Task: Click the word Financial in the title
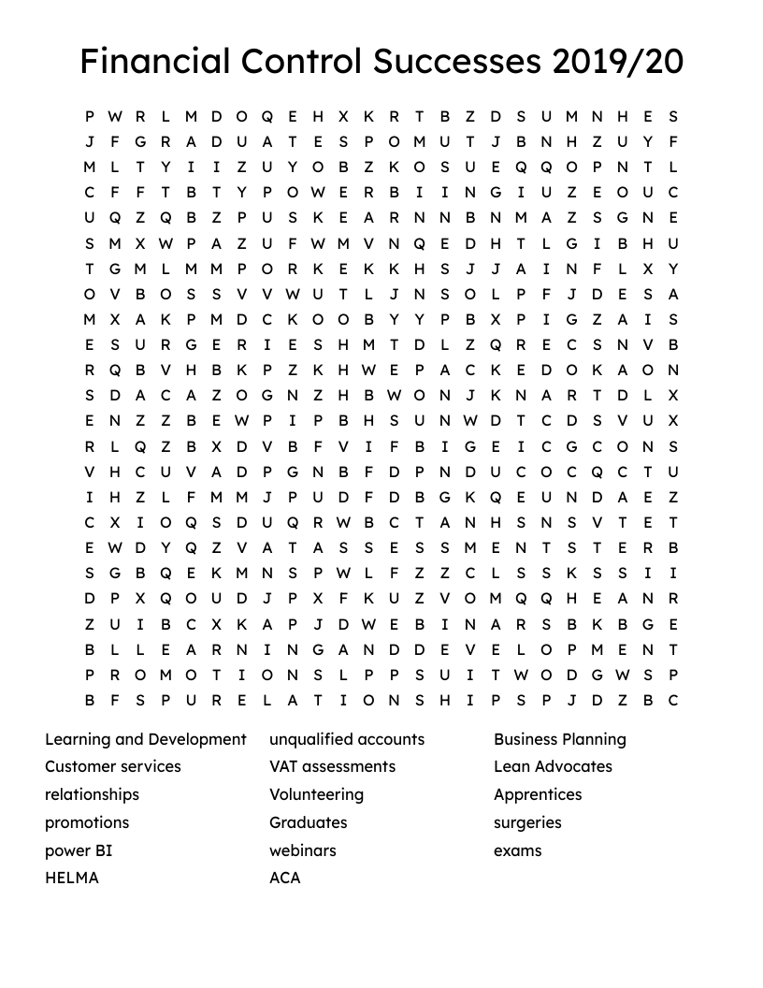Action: click(x=154, y=62)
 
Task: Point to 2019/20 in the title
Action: click(x=618, y=62)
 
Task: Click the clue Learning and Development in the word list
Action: click(x=146, y=739)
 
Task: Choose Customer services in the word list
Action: click(x=113, y=766)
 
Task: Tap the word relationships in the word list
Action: click(x=92, y=794)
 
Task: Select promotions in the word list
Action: click(x=87, y=822)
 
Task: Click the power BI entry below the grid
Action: click(x=79, y=850)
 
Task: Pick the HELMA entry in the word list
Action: click(x=72, y=878)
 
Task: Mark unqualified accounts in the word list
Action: click(x=347, y=739)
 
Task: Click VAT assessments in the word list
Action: click(x=332, y=766)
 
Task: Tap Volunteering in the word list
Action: click(x=316, y=794)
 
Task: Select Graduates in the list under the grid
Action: click(x=308, y=822)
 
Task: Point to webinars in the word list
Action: click(x=302, y=850)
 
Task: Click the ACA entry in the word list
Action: click(x=285, y=878)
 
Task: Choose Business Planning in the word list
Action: click(x=560, y=739)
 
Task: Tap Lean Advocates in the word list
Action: click(x=553, y=766)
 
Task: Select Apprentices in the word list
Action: click(x=538, y=794)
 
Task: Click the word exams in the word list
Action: click(x=518, y=850)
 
